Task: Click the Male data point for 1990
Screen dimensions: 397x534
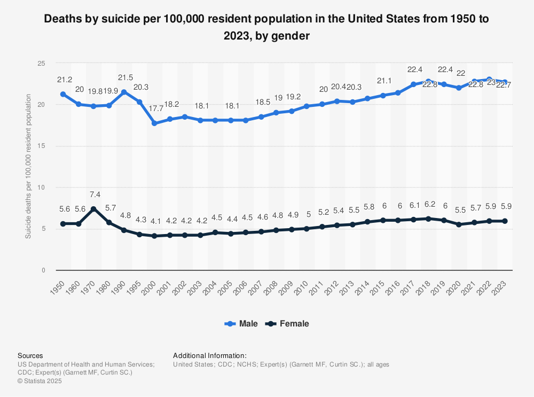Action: click(124, 92)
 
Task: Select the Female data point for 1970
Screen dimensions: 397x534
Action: click(93, 209)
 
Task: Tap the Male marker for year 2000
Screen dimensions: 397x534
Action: click(154, 123)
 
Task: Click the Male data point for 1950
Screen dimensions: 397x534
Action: click(63, 94)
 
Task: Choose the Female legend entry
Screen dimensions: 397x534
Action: click(288, 324)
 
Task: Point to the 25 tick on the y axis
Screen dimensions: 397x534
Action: click(41, 63)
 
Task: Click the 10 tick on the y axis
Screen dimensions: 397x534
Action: click(41, 188)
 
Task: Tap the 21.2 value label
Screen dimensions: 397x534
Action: click(65, 80)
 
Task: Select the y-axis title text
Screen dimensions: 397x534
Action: click(28, 167)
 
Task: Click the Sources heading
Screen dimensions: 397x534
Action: click(30, 355)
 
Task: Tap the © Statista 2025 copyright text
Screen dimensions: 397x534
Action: click(40, 381)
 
